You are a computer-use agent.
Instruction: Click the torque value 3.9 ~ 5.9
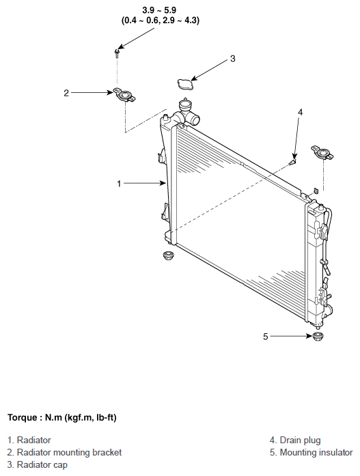pyautogui.click(x=159, y=10)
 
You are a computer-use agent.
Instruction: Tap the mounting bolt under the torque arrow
pyautogui.click(x=117, y=53)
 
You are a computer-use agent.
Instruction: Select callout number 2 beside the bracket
pyautogui.click(x=66, y=93)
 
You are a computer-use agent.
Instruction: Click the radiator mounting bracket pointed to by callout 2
pyautogui.click(x=124, y=96)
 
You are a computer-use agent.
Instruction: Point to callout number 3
pyautogui.click(x=233, y=59)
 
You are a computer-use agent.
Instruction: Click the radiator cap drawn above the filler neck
pyautogui.click(x=185, y=84)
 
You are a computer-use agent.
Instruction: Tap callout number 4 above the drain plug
pyautogui.click(x=300, y=112)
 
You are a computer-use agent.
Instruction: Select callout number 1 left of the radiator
pyautogui.click(x=119, y=184)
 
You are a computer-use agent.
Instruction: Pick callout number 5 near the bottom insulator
pyautogui.click(x=266, y=337)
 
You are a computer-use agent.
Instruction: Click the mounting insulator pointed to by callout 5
pyautogui.click(x=318, y=337)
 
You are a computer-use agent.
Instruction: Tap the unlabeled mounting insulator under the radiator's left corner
pyautogui.click(x=167, y=255)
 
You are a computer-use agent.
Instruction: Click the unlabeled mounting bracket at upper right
pyautogui.click(x=322, y=152)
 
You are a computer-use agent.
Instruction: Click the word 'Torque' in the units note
pyautogui.click(x=22, y=418)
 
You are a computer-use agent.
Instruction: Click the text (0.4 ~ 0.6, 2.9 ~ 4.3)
pyautogui.click(x=161, y=20)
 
